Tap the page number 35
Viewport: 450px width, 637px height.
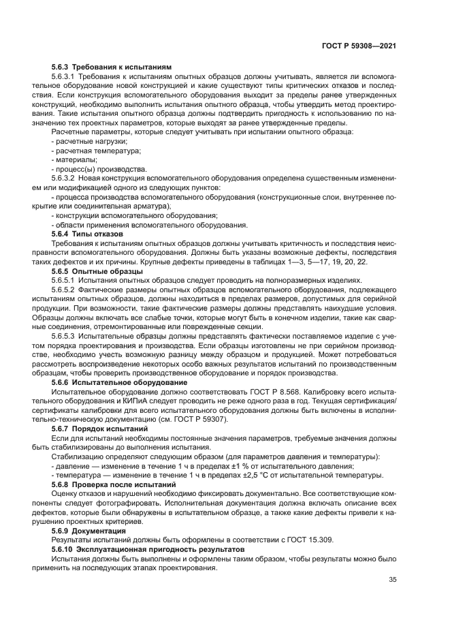[x=391, y=580]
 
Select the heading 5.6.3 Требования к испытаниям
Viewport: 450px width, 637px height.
[x=112, y=67]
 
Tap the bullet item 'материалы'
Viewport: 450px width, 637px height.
[x=76, y=159]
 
